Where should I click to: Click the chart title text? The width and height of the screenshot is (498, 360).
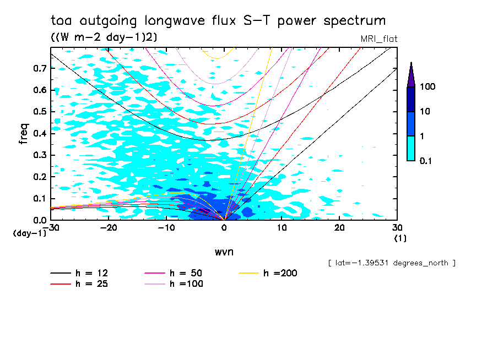[218, 21]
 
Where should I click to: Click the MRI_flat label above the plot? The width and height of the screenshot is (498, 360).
[379, 39]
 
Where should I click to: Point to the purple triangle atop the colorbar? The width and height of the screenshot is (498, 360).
[411, 74]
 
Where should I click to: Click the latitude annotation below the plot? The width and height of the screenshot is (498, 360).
[392, 263]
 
